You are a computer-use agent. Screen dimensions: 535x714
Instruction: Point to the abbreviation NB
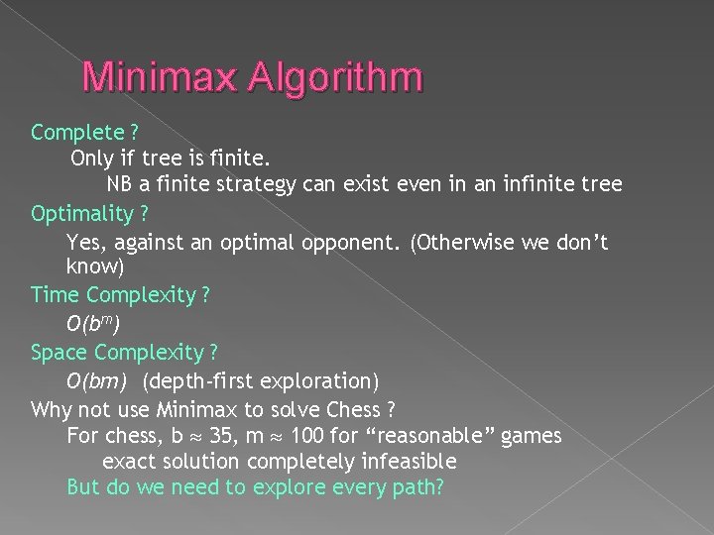(x=120, y=185)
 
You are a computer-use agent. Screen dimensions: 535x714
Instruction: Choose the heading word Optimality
(x=81, y=213)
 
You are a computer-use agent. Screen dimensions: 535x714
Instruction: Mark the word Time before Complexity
(x=54, y=294)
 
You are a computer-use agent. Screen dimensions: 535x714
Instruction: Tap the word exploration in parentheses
(x=309, y=380)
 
